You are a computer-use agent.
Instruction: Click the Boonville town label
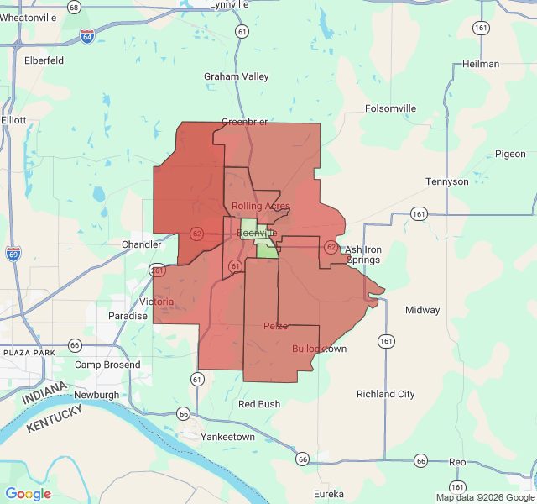pos(257,233)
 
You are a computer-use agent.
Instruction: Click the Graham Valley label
pos(237,76)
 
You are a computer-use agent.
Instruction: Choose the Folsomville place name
pos(391,108)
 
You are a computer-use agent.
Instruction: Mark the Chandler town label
pos(141,244)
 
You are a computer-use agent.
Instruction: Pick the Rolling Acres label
pos(261,206)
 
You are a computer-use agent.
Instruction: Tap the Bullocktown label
pos(320,349)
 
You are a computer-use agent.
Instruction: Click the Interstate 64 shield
pos(87,36)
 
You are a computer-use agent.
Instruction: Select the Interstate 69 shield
pos(13,254)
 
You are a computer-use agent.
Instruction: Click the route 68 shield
pos(75,8)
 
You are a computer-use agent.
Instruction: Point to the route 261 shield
pos(157,270)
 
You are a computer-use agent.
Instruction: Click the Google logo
pos(29,494)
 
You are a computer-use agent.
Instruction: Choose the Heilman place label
pos(481,64)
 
